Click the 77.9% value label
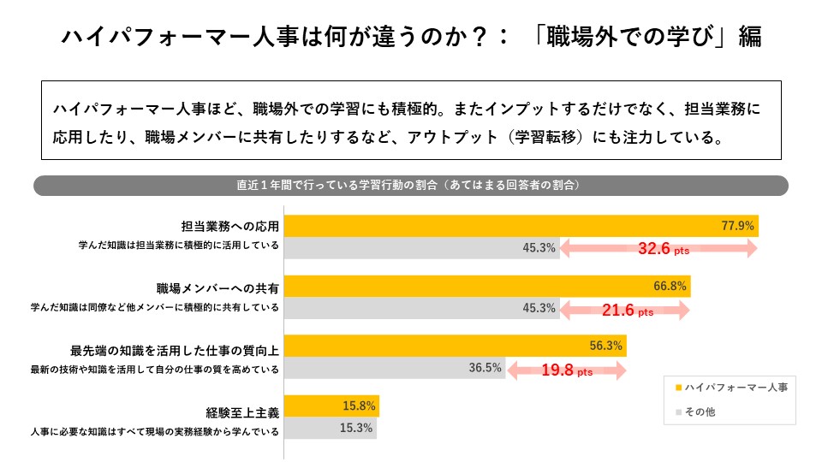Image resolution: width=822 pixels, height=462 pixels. point(737,226)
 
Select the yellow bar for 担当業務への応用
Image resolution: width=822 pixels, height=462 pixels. point(521,226)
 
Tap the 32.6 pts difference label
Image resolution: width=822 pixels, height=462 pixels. point(663,248)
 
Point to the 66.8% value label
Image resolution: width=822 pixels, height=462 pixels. point(670,286)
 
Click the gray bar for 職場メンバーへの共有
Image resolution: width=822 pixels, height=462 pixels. point(422,308)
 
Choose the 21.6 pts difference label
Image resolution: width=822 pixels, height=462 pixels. point(628,310)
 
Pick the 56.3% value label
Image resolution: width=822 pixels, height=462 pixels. point(605,346)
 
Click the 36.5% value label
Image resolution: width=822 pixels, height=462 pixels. point(485,368)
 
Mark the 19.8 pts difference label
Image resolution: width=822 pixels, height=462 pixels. point(567,370)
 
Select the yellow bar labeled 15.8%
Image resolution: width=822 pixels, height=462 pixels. point(331,406)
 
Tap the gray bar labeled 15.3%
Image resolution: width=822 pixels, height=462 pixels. point(331,428)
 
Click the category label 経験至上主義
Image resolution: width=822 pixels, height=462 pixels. point(242,413)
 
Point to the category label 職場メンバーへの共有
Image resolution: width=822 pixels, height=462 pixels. point(217,288)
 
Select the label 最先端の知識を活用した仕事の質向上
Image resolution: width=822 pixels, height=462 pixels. point(175,351)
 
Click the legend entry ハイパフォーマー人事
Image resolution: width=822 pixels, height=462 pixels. point(732,388)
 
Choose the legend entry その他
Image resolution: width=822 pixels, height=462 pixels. point(695,412)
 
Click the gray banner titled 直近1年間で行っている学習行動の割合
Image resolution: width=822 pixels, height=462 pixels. point(411,186)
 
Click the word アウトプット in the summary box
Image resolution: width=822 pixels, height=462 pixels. point(453,137)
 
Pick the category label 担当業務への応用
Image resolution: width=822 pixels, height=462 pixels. point(230,226)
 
